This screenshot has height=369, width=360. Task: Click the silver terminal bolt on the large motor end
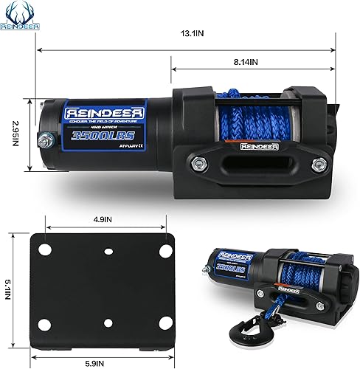pyautogui.click(x=46, y=137)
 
